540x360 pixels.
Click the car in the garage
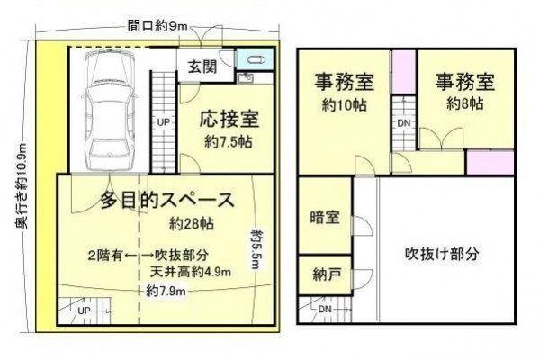108,110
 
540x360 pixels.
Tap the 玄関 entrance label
202,67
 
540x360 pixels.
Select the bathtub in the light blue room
256,60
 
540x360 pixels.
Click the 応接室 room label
229,119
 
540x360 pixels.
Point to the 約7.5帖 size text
229,141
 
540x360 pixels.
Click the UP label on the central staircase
164,122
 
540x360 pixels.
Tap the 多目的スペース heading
167,200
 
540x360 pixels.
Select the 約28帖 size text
192,224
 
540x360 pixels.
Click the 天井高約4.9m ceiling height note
191,272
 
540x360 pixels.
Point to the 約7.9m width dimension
166,292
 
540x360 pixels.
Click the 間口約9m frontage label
157,26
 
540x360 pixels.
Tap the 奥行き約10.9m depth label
21,185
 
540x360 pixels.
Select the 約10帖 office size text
344,105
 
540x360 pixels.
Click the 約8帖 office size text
465,103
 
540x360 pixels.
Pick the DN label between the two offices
404,122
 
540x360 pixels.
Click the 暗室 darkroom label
325,218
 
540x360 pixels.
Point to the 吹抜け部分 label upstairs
442,254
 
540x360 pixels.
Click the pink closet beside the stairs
404,72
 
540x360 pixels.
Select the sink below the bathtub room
246,78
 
